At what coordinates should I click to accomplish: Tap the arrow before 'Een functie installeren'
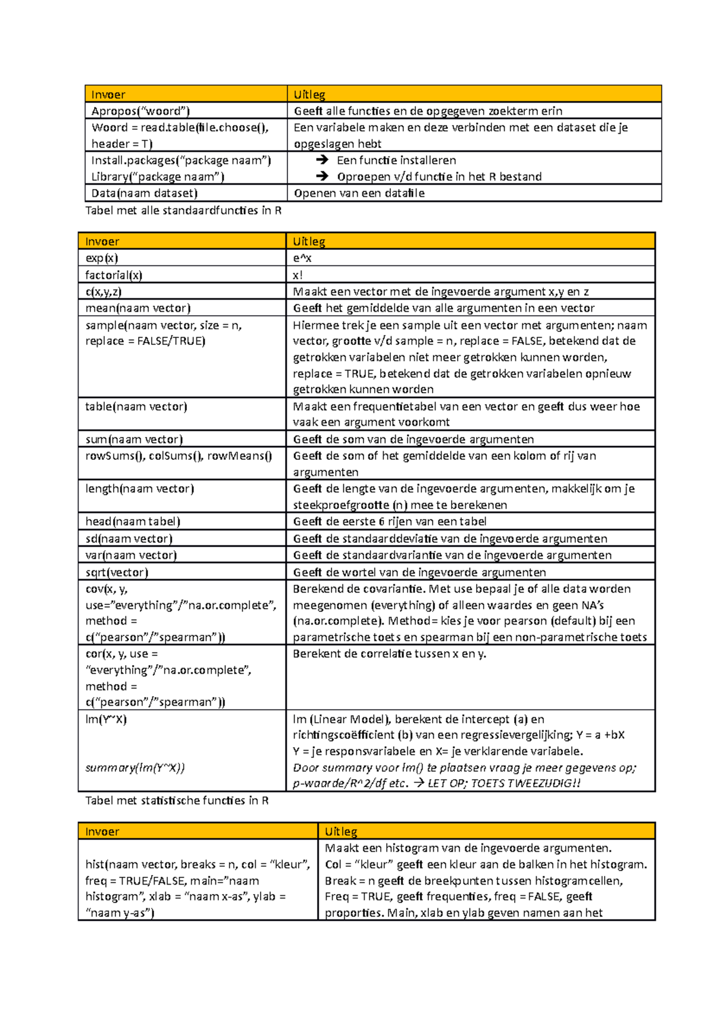(x=322, y=160)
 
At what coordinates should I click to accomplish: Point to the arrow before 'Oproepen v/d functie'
(x=322, y=177)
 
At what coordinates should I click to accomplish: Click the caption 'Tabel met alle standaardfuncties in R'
(x=183, y=211)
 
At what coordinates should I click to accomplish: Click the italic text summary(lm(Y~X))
(x=135, y=768)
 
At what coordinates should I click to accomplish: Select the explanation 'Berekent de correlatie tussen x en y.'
(x=390, y=654)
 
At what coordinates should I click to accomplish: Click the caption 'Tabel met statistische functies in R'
(x=177, y=801)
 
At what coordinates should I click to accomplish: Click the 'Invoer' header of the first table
(x=108, y=95)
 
